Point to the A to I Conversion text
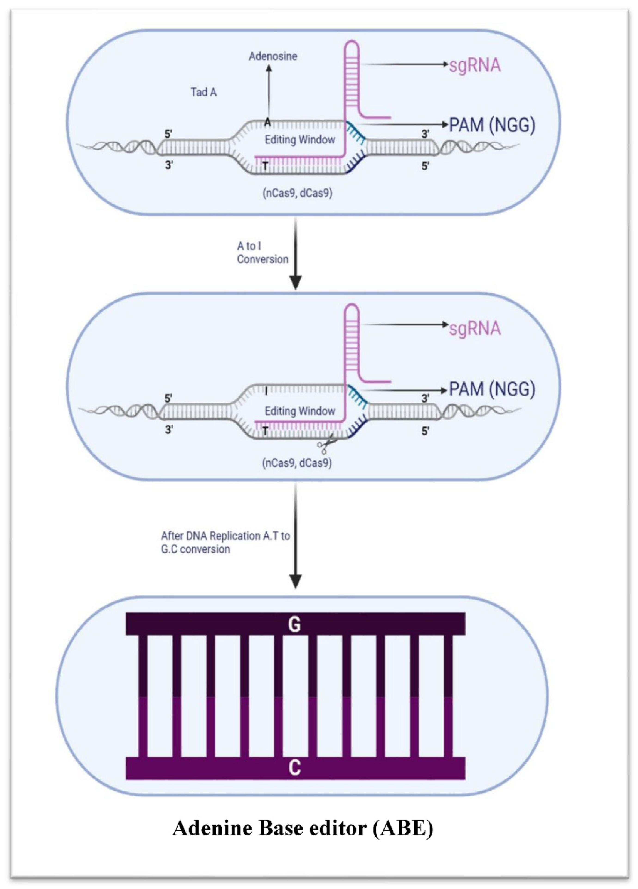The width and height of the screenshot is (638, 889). click(x=262, y=253)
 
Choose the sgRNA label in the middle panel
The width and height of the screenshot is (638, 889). click(x=475, y=328)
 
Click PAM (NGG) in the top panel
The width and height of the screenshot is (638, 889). click(x=492, y=125)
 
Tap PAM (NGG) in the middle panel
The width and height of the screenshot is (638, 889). click(x=492, y=389)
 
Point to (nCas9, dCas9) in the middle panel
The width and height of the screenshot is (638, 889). click(x=297, y=463)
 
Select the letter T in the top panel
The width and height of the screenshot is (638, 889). click(x=265, y=167)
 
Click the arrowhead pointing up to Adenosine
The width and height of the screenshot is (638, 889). click(x=269, y=69)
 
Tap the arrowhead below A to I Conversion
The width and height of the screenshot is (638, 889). click(x=295, y=282)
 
